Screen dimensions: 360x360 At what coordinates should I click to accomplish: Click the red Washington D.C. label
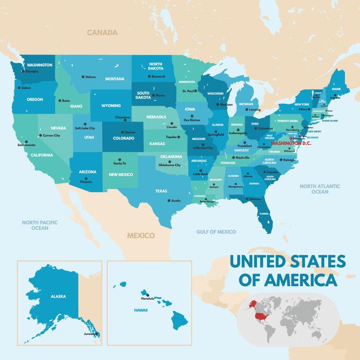click(291, 143)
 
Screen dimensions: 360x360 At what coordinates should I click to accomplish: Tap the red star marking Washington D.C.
click(291, 138)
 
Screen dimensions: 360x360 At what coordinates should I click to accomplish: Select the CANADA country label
click(102, 32)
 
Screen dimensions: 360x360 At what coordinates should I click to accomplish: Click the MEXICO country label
click(141, 236)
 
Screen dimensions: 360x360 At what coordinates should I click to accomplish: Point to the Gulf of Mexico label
click(216, 232)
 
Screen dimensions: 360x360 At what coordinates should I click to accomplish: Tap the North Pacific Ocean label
click(40, 225)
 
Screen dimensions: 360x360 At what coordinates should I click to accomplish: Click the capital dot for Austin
click(169, 200)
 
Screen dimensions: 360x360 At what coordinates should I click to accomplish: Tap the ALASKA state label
click(58, 296)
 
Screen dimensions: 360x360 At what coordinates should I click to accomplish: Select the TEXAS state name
click(161, 191)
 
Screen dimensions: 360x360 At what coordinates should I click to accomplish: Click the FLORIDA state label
click(264, 213)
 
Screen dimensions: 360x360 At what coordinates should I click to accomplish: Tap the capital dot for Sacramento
click(25, 141)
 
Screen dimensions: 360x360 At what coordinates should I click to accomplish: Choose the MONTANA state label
click(115, 79)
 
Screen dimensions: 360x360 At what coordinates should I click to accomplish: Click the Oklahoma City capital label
click(170, 165)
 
